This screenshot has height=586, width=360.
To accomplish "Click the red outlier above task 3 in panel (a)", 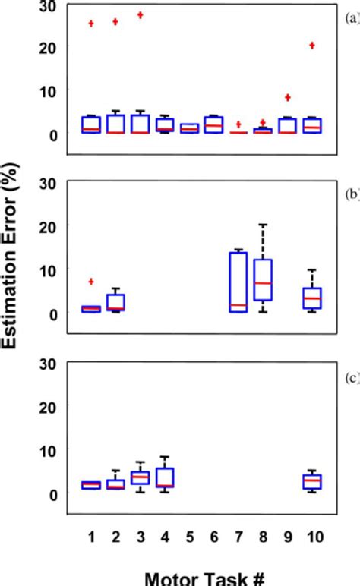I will [x=140, y=15].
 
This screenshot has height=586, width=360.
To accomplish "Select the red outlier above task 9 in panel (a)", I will [x=288, y=97].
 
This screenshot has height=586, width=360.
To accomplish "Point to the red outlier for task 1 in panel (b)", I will [x=92, y=282].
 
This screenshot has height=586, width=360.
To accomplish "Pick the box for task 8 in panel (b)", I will [x=263, y=280].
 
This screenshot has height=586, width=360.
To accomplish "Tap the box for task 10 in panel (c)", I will [x=311, y=482].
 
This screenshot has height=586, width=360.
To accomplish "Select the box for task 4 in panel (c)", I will [x=164, y=477].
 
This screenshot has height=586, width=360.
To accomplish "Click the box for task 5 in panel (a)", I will [x=188, y=128].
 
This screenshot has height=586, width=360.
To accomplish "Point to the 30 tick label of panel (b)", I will [x=49, y=182].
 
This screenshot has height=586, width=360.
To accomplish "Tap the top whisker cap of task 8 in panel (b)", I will [x=263, y=225].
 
